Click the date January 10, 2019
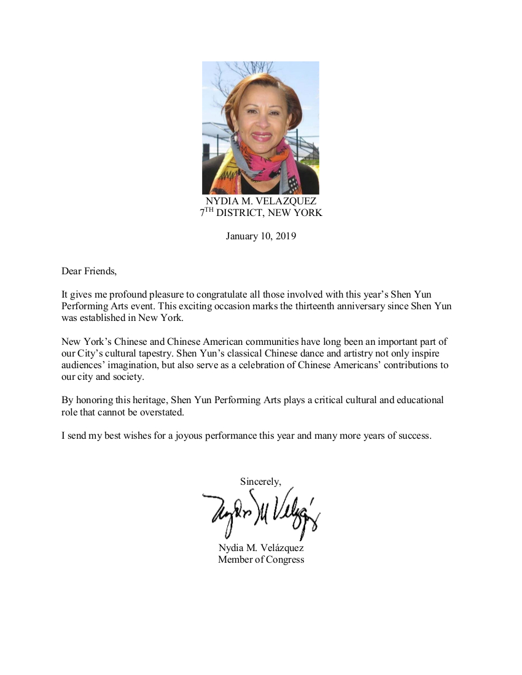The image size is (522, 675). coord(260,236)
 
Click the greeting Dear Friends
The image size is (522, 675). coord(88,271)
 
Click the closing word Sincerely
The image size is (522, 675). coord(260,482)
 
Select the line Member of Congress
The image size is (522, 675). coord(260,560)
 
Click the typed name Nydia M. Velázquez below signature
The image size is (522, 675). coord(260,548)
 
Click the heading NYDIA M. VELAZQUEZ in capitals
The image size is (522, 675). coord(260,201)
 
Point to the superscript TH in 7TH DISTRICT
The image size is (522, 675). coord(209,210)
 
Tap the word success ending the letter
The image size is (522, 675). coord(415,436)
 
